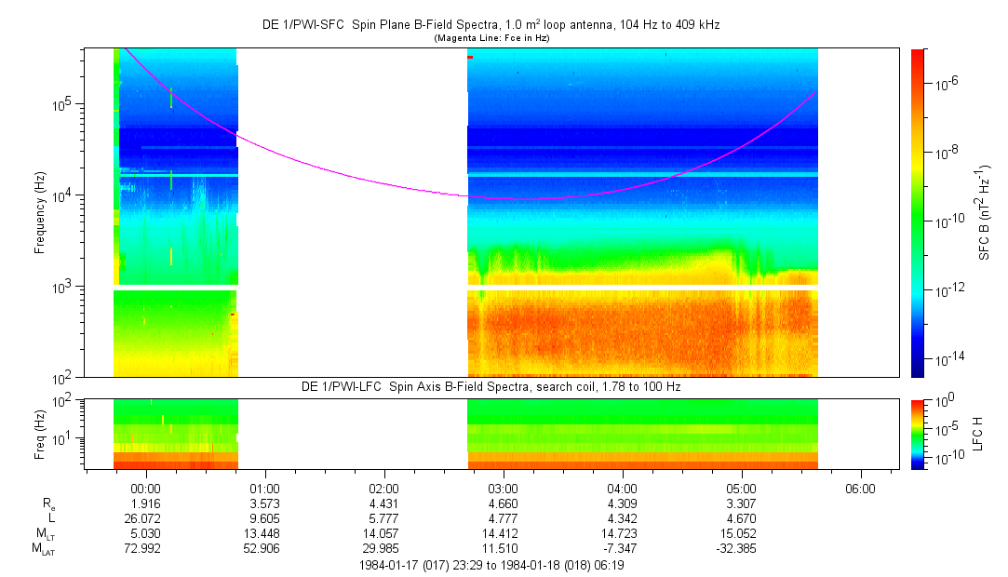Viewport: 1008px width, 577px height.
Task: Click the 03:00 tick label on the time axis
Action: tap(504, 488)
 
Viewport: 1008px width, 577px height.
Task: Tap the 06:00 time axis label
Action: tap(860, 488)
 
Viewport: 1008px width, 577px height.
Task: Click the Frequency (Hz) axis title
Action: tap(40, 212)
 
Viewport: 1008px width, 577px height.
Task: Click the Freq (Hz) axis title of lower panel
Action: tap(40, 433)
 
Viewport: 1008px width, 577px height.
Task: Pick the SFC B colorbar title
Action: tap(985, 212)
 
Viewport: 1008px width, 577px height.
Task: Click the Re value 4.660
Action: tap(504, 503)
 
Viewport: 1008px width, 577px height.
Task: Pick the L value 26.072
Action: tap(147, 517)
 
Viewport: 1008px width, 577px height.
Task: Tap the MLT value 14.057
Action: tap(384, 533)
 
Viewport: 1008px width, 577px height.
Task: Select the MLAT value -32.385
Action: tap(741, 548)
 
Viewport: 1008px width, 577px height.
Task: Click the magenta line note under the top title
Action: tap(491, 37)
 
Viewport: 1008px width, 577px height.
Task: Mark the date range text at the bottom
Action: tap(491, 565)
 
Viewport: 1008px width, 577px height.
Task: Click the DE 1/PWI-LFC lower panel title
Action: tap(491, 386)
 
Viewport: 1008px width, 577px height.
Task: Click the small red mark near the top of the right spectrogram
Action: tap(470, 58)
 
